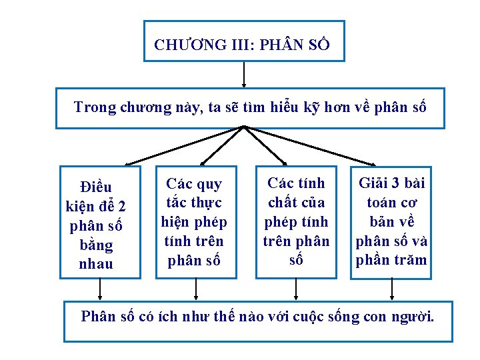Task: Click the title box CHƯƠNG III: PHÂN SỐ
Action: (244, 41)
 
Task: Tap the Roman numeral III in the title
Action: (233, 45)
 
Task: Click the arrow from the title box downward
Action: (245, 75)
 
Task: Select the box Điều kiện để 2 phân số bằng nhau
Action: (100, 222)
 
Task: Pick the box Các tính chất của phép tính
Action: (293, 222)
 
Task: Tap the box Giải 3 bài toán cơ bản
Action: (391, 222)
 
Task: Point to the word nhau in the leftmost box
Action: (95, 264)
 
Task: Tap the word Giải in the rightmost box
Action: (375, 183)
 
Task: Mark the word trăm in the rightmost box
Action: (409, 260)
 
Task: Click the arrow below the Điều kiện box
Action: (100, 289)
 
